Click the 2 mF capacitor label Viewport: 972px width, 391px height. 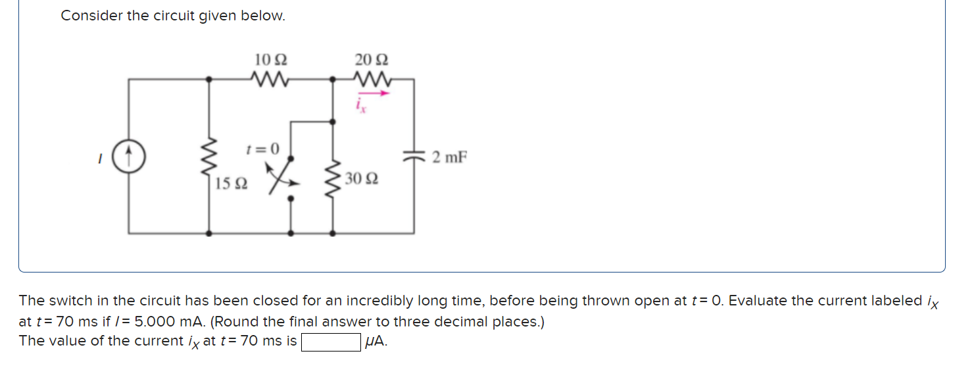pyautogui.click(x=449, y=157)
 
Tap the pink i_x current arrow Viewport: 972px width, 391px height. pyautogui.click(x=374, y=93)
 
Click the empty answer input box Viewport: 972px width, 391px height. pyautogui.click(x=331, y=342)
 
